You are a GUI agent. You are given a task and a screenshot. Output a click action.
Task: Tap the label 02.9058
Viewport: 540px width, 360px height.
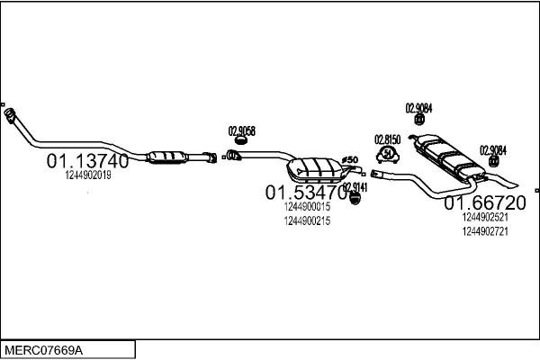coord(242,130)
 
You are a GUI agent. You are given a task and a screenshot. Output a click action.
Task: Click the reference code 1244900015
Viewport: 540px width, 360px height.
coord(307,207)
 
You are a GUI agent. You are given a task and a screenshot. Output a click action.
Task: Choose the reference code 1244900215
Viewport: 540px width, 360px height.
coord(307,220)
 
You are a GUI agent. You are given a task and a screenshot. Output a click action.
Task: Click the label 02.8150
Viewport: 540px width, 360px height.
coord(387,139)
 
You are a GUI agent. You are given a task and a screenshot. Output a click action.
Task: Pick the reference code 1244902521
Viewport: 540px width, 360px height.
coord(485,217)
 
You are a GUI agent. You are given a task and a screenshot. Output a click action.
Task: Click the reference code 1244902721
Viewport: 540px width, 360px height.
coord(485,230)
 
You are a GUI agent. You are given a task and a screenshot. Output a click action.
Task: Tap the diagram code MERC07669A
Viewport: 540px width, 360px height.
coord(44,349)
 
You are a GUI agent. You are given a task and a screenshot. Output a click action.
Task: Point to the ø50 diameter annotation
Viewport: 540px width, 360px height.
coord(350,160)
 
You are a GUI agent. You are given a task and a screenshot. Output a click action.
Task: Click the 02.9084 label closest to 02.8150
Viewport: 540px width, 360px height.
coord(419,108)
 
